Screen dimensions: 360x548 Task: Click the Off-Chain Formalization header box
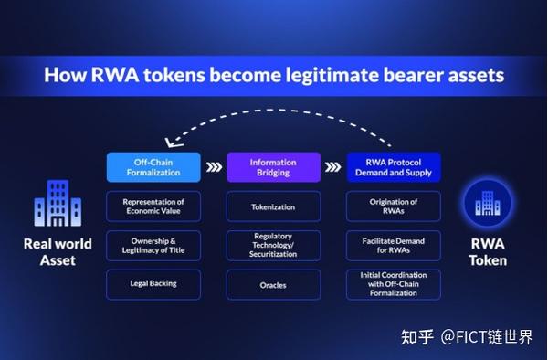point(153,167)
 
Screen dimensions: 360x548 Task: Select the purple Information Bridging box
point(273,167)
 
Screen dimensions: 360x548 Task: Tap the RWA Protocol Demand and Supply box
point(394,167)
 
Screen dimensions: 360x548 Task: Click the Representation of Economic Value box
point(153,206)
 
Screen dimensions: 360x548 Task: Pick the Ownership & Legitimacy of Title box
point(153,245)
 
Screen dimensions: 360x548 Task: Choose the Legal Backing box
point(153,284)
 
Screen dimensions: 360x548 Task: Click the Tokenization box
point(273,206)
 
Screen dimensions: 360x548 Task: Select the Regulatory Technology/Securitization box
point(273,245)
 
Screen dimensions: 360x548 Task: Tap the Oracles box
point(273,284)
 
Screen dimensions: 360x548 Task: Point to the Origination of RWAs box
point(394,206)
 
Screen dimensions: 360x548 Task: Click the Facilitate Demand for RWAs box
point(394,245)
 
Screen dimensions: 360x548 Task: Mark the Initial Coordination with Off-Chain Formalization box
point(394,284)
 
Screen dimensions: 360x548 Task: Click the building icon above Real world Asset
point(58,204)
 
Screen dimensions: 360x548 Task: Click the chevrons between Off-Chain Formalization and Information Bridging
point(214,167)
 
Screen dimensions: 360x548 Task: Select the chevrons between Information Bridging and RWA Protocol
point(333,167)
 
